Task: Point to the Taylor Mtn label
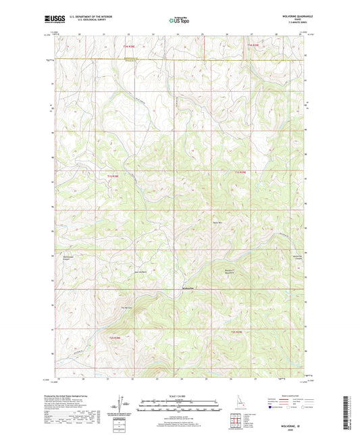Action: click(x=217, y=223)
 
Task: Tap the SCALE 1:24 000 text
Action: click(x=180, y=395)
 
